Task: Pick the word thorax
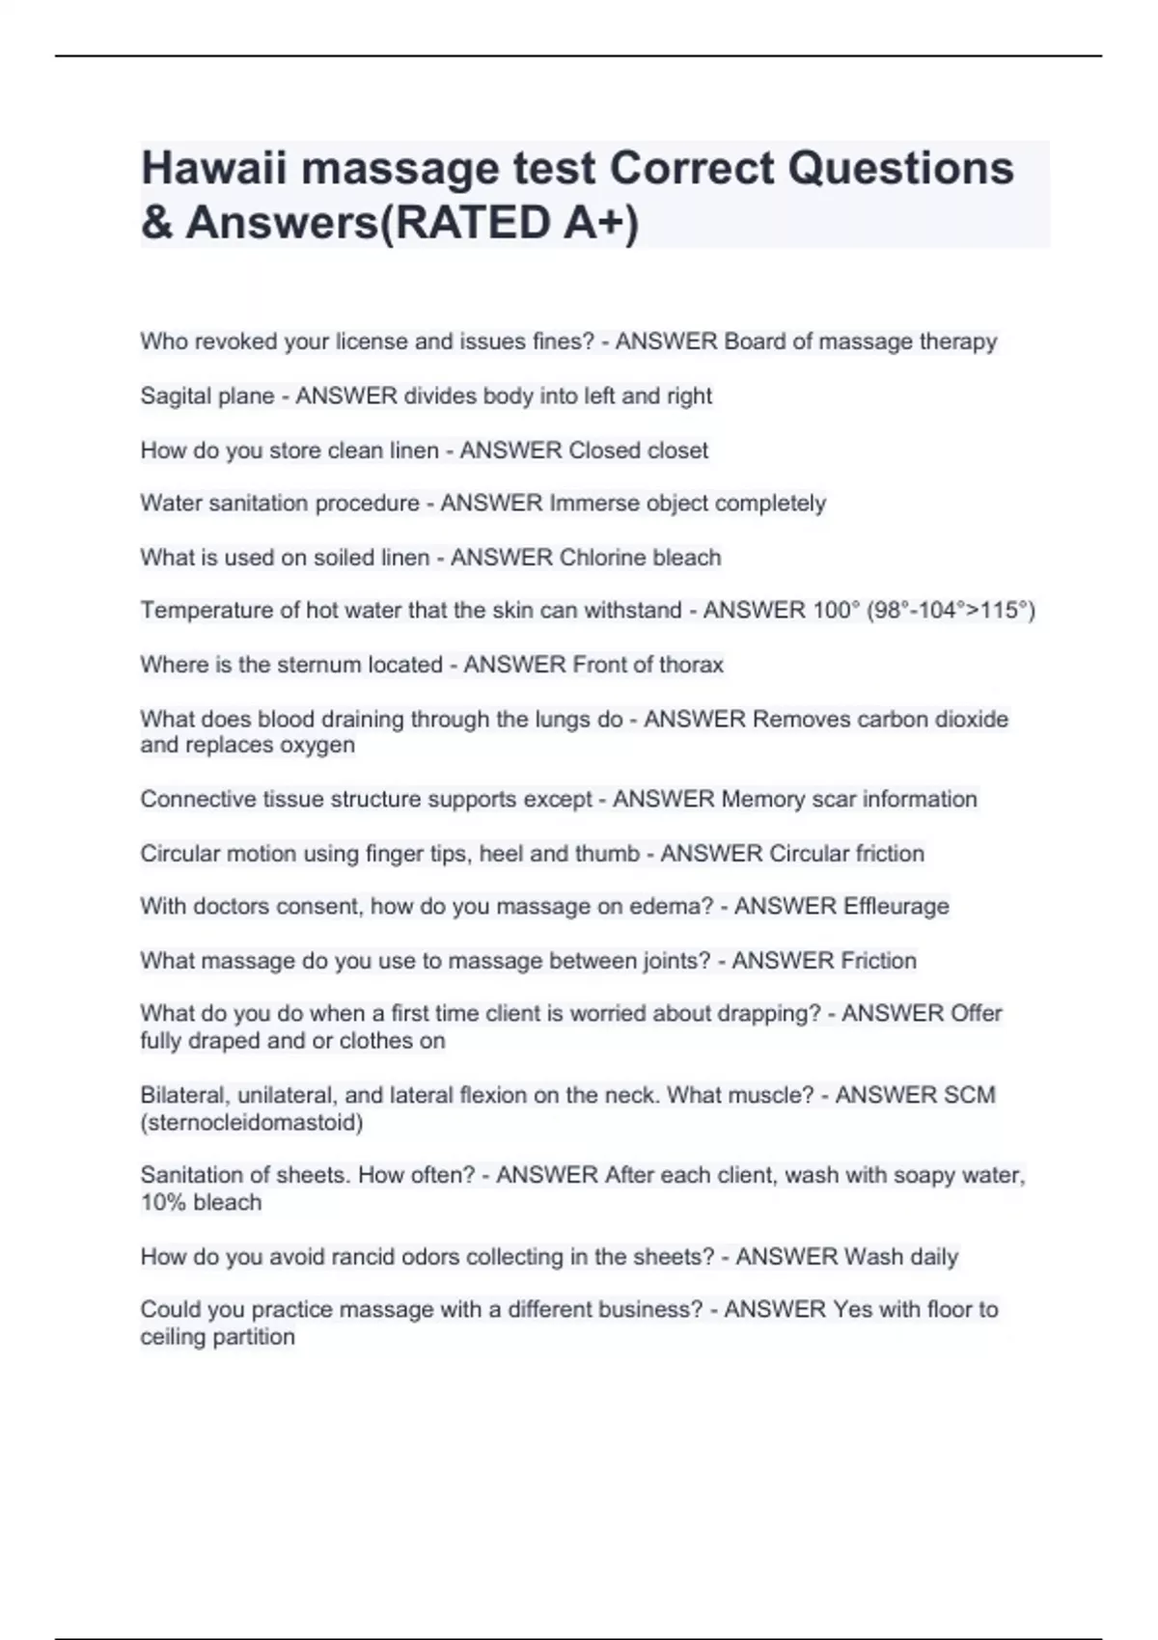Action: coord(691,665)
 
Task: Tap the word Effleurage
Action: coord(896,907)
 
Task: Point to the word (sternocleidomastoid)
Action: coord(252,1123)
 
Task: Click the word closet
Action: coord(678,451)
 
